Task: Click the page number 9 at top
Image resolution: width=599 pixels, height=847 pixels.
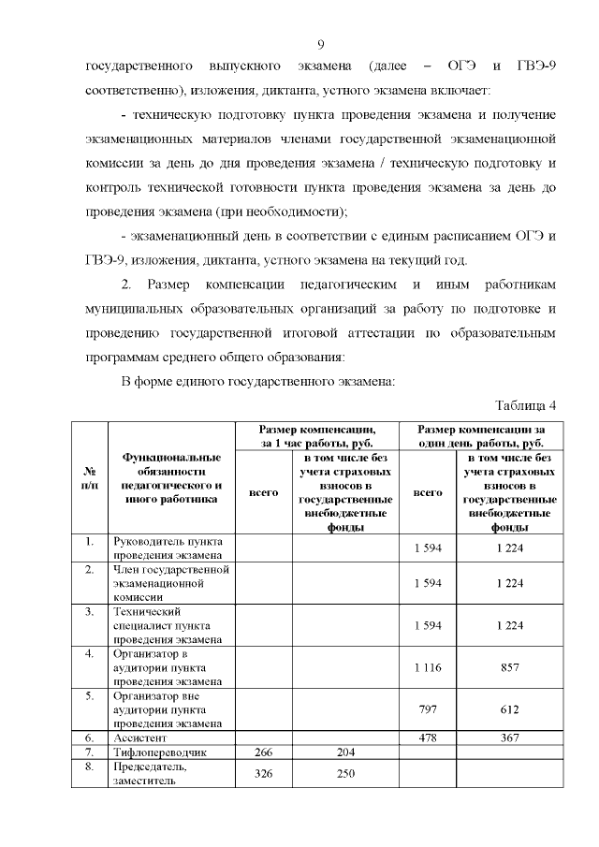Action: coord(320,44)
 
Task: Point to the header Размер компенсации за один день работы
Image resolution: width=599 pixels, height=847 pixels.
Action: coord(481,435)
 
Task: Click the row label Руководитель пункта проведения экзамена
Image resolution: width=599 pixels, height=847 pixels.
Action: coord(168,548)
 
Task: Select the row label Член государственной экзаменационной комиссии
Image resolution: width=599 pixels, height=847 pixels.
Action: coord(170,582)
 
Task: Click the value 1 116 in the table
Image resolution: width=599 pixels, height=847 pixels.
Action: coord(428,667)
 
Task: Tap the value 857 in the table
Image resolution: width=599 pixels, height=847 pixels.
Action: coord(509,667)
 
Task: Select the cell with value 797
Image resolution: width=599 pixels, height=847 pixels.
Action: coord(428,709)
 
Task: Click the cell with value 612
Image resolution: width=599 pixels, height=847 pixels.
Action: coord(509,709)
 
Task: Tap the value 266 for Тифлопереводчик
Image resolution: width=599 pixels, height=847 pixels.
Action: coord(263,752)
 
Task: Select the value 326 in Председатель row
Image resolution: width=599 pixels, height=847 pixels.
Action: coord(263,774)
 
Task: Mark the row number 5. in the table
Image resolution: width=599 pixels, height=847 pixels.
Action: coord(90,696)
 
